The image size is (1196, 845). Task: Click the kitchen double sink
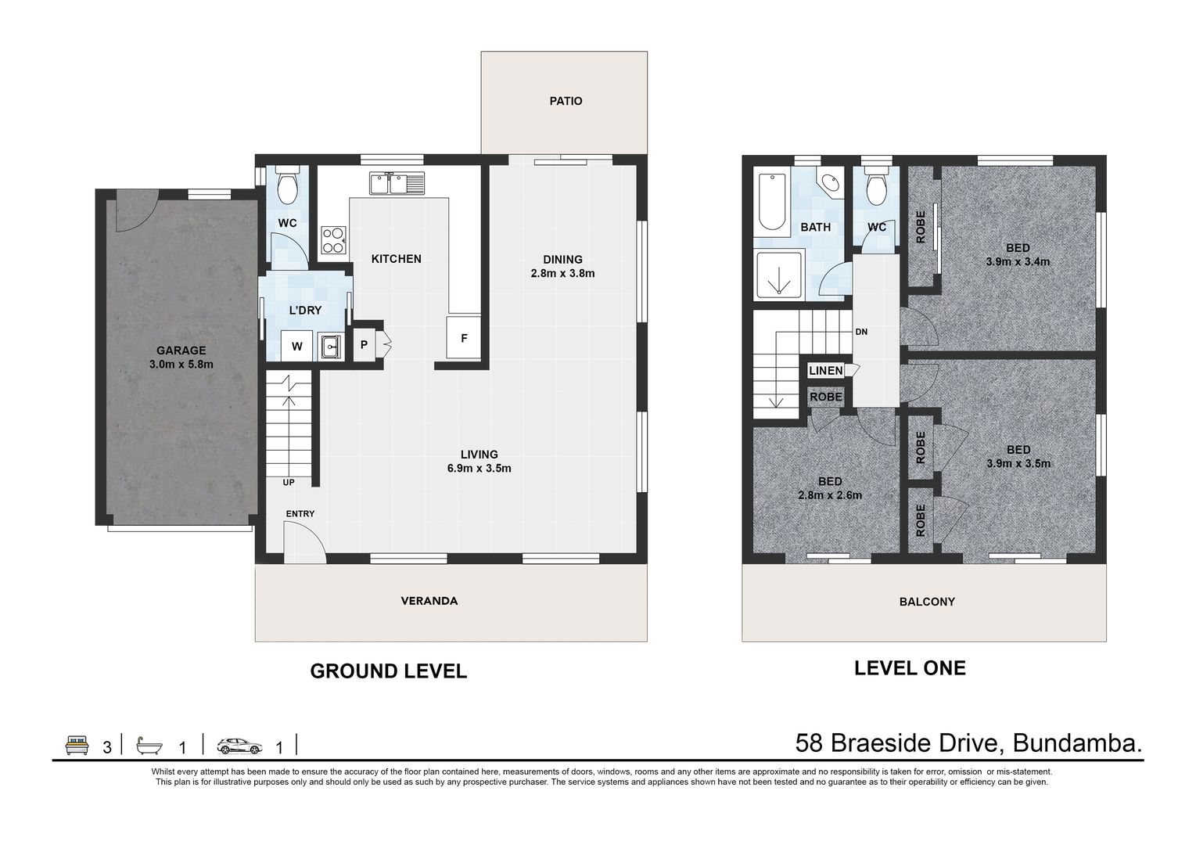(x=397, y=183)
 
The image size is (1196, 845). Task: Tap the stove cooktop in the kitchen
(x=334, y=240)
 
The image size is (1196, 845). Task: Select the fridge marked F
(x=464, y=337)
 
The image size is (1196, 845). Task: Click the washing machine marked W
(x=297, y=346)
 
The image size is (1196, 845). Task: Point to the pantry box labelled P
(x=365, y=345)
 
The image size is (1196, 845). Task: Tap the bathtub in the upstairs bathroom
(x=771, y=201)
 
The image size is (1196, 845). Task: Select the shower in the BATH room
(x=780, y=275)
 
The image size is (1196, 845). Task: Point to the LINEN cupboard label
(x=825, y=370)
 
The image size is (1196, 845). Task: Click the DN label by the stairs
(x=861, y=332)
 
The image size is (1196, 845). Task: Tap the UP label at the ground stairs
(x=289, y=482)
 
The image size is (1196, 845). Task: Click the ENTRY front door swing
(x=304, y=542)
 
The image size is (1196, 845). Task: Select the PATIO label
(x=566, y=101)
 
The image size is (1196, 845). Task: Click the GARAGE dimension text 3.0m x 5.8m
(x=181, y=365)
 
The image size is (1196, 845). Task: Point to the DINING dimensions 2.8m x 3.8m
(x=562, y=274)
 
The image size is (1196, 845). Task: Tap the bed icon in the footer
(x=77, y=745)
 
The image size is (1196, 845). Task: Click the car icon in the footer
(x=239, y=746)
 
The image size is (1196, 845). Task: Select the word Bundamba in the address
(x=1077, y=743)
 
